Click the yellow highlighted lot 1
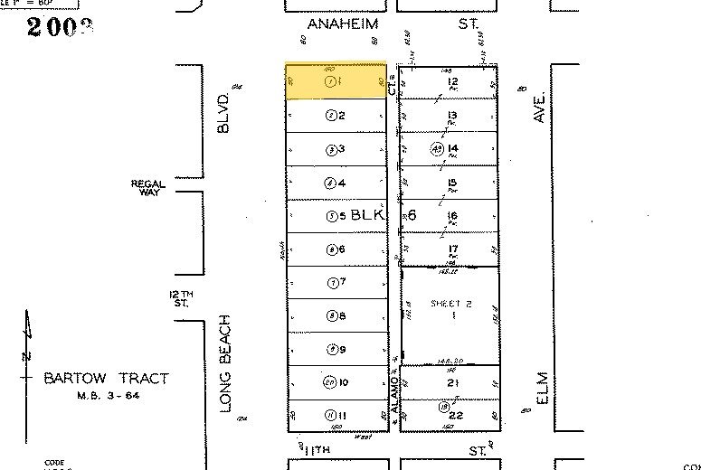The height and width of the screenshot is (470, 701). [336, 81]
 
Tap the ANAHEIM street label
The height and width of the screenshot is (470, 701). [342, 24]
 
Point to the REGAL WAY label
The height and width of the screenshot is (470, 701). [148, 188]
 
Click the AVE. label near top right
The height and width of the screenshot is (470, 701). [542, 107]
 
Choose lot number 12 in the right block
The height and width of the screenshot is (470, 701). [453, 82]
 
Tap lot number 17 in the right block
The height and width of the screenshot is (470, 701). [452, 249]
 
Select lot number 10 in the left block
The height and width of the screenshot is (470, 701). [344, 382]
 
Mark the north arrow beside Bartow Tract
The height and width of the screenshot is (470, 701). [27, 357]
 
